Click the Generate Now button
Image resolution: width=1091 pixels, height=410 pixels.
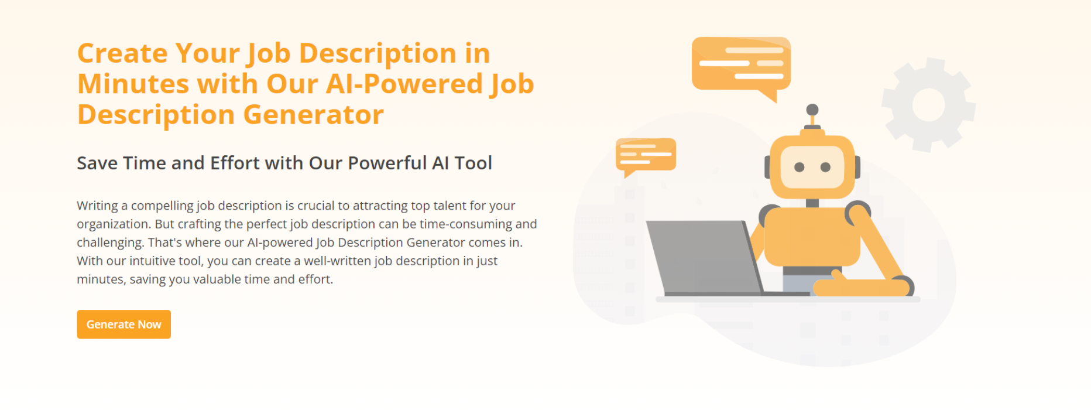[x=123, y=324]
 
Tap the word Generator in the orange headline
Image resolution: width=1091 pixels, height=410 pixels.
[x=313, y=114]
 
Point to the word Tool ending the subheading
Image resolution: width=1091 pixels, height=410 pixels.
[x=473, y=163]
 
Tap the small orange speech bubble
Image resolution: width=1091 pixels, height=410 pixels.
[x=646, y=155]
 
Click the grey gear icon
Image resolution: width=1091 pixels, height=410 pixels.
[x=928, y=105]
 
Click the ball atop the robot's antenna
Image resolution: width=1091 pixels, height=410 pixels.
[x=812, y=110]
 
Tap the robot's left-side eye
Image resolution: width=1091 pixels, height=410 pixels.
[x=799, y=168]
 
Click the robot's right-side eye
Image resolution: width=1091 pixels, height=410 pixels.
[x=825, y=168]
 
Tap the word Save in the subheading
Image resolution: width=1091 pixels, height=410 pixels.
[x=97, y=163]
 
